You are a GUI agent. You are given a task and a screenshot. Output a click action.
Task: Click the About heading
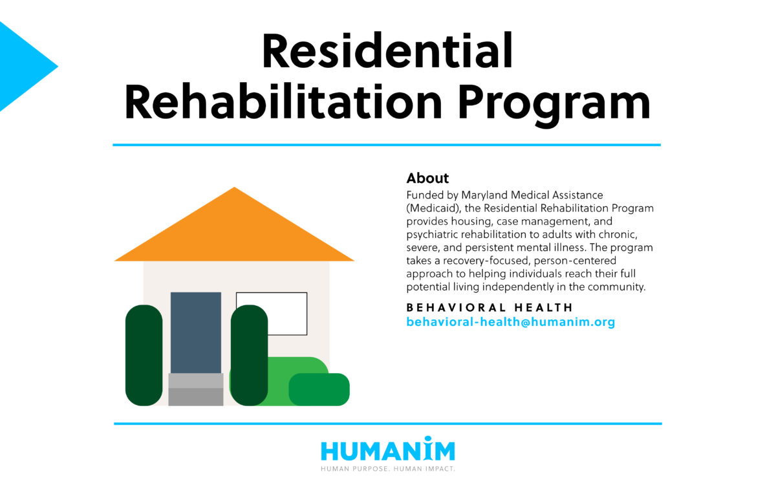click(x=427, y=178)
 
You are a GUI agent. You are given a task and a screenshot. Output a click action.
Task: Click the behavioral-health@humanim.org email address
click(x=510, y=321)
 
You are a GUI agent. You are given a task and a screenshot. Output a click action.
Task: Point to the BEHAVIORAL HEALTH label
click(x=490, y=308)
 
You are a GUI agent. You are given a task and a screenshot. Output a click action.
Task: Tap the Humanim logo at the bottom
click(x=387, y=451)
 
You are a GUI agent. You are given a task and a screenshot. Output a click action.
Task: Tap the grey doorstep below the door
click(x=195, y=389)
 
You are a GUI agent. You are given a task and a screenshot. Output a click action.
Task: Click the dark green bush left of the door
click(x=144, y=355)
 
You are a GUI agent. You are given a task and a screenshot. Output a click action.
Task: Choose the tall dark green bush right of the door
click(x=249, y=355)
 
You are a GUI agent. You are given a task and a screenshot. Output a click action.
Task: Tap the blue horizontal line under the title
click(x=387, y=145)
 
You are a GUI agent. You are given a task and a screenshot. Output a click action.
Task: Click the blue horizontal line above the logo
click(x=387, y=424)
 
